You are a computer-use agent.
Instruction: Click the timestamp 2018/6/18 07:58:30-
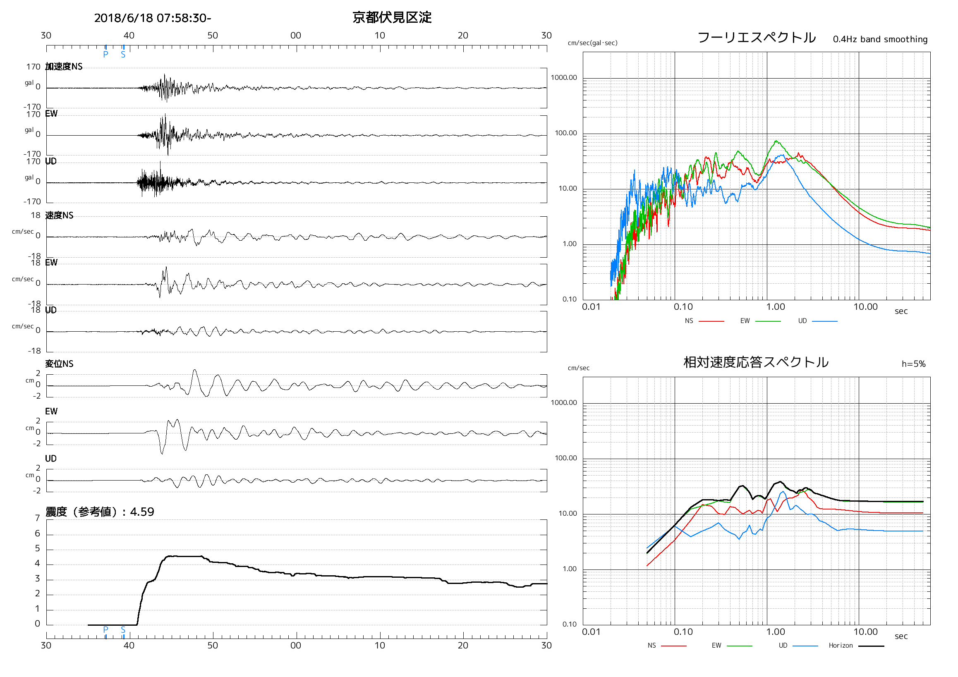[152, 18]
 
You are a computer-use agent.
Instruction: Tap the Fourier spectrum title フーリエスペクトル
[756, 38]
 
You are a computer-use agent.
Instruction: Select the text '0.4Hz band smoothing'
[879, 39]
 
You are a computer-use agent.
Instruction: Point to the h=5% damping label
[913, 364]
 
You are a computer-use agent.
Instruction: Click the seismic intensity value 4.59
[142, 512]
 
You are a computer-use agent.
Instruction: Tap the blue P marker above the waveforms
[105, 55]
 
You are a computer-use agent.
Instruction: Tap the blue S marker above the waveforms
[123, 55]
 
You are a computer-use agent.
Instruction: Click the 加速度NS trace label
[64, 67]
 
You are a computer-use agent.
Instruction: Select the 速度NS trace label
[59, 215]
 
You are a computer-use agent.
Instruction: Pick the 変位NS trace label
[59, 364]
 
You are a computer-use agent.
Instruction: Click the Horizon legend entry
[841, 645]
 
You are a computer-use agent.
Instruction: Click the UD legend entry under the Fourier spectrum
[802, 321]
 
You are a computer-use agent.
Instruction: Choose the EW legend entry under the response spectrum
[716, 645]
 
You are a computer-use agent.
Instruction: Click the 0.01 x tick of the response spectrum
[591, 632]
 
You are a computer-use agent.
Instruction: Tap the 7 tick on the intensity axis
[38, 518]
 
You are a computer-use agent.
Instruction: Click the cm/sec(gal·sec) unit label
[592, 43]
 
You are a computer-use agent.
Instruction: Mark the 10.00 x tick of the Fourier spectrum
[865, 307]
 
